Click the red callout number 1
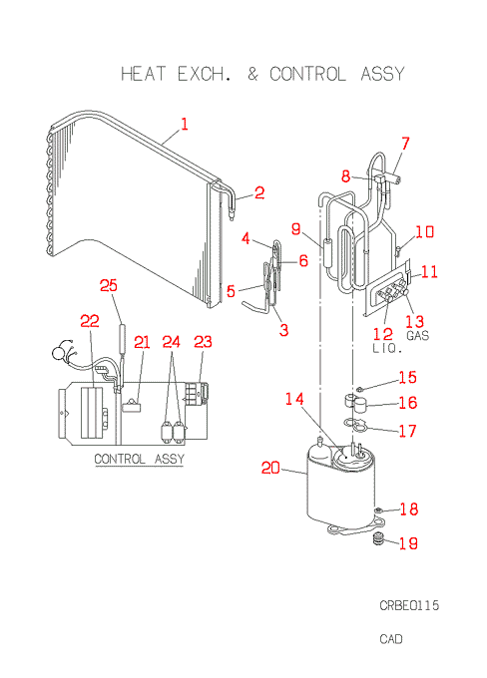pos(185,124)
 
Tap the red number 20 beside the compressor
pos(270,468)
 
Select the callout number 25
pos(108,285)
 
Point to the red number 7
pos(405,144)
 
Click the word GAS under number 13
pos(417,336)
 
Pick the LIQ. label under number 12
pos(387,349)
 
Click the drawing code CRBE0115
pos(409,605)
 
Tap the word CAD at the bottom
pos(391,639)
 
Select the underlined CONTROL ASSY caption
pos(140,459)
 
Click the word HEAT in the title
pos(143,74)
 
